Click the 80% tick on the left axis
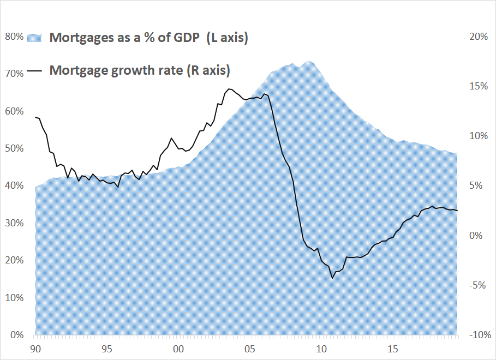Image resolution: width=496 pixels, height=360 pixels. click(14, 37)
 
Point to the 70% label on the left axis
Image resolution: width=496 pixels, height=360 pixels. click(14, 74)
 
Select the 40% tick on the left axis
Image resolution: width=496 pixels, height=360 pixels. click(14, 185)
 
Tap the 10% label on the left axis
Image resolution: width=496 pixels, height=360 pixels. click(14, 297)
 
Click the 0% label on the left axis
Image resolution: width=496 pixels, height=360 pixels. click(16, 334)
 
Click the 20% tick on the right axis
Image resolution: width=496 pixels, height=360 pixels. click(478, 37)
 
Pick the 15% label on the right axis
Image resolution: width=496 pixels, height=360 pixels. click(478, 86)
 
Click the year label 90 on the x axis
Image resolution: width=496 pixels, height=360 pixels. click(35, 348)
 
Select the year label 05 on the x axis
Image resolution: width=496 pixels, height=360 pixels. click(249, 348)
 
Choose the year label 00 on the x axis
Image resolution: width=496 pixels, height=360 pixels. click(178, 348)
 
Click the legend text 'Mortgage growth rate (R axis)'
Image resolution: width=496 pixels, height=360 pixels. click(140, 70)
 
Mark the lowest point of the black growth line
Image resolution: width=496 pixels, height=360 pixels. click(332, 278)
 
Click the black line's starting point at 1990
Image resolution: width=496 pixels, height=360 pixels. click(35, 117)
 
